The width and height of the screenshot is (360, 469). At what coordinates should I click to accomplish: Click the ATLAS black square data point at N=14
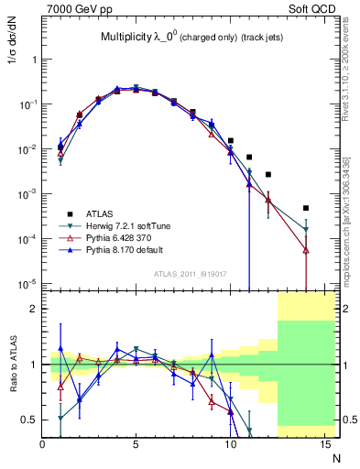click(306, 208)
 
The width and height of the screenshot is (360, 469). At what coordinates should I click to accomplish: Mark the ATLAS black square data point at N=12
click(268, 174)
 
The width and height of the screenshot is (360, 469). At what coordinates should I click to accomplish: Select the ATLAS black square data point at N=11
click(249, 158)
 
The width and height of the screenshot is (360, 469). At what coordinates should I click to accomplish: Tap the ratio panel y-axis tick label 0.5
click(31, 420)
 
